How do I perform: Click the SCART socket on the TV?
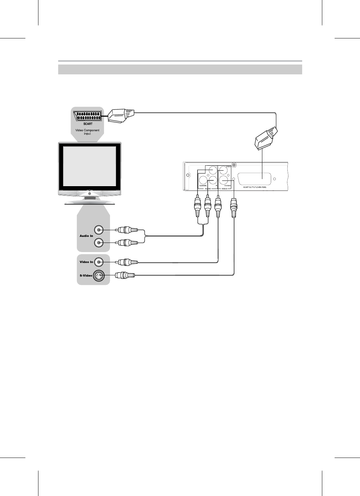click(87, 116)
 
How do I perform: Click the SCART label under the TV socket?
click(87, 124)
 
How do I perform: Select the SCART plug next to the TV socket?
click(121, 116)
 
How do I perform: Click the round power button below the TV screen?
click(90, 194)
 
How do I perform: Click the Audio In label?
click(86, 236)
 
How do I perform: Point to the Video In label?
click(86, 262)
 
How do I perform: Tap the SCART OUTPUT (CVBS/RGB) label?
click(254, 187)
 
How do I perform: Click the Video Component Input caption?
click(87, 132)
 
